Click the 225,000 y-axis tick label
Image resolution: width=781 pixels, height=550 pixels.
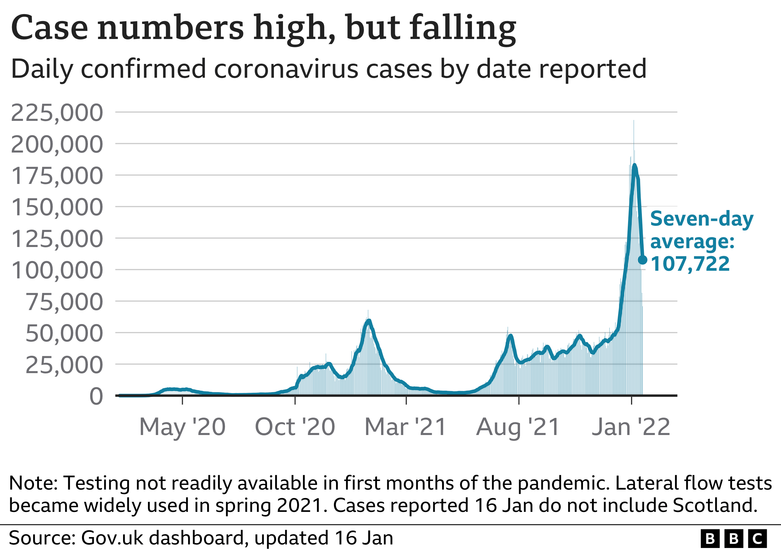point(57,113)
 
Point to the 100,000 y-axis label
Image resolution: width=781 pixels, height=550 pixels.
point(57,270)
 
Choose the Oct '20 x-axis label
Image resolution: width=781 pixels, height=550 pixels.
point(295,427)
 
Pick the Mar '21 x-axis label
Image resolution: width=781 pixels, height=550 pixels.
point(405,427)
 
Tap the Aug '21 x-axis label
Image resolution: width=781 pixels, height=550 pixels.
point(518,427)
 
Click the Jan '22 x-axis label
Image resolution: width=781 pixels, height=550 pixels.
point(631,427)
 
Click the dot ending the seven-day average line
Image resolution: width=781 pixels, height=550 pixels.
point(642,260)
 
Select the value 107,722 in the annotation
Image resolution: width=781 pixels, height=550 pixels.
point(690,264)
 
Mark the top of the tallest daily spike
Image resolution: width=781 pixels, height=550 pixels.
point(634,121)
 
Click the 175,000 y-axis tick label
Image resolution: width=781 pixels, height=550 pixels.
point(57,176)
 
